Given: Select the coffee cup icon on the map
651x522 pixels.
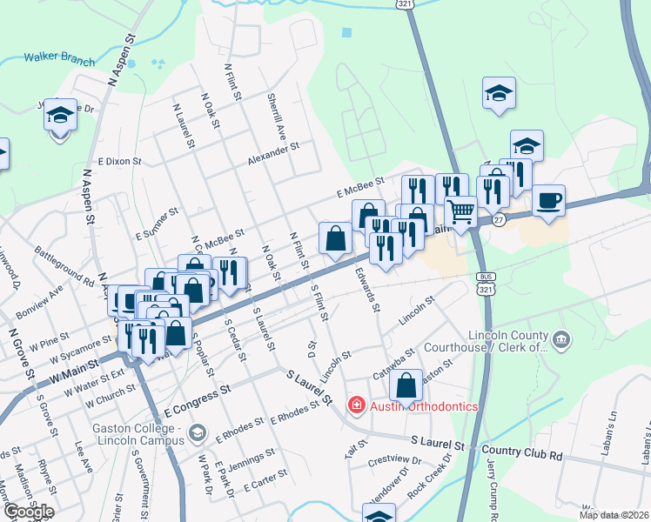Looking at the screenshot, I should coord(548,200).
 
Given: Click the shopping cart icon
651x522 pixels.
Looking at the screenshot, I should coord(460,210).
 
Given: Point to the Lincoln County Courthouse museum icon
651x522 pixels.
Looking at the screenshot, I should coord(560,338).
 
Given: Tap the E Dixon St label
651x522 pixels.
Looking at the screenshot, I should coord(119,161).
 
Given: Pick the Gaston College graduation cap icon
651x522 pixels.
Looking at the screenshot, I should coord(199,432).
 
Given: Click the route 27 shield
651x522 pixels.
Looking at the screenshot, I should coord(497,221).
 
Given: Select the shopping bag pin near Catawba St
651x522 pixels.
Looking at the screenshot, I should coord(406,385).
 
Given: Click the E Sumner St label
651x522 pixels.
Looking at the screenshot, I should coord(157,223).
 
